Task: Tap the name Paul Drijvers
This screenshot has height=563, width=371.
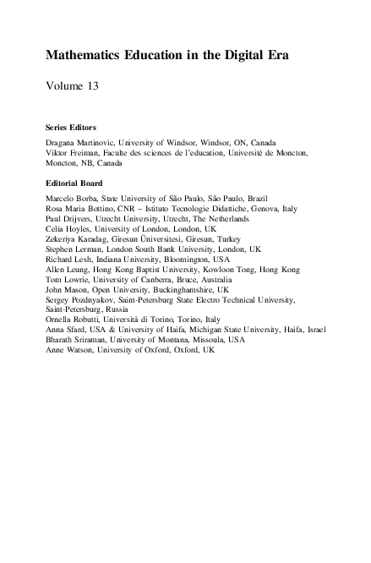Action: click(66, 218)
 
